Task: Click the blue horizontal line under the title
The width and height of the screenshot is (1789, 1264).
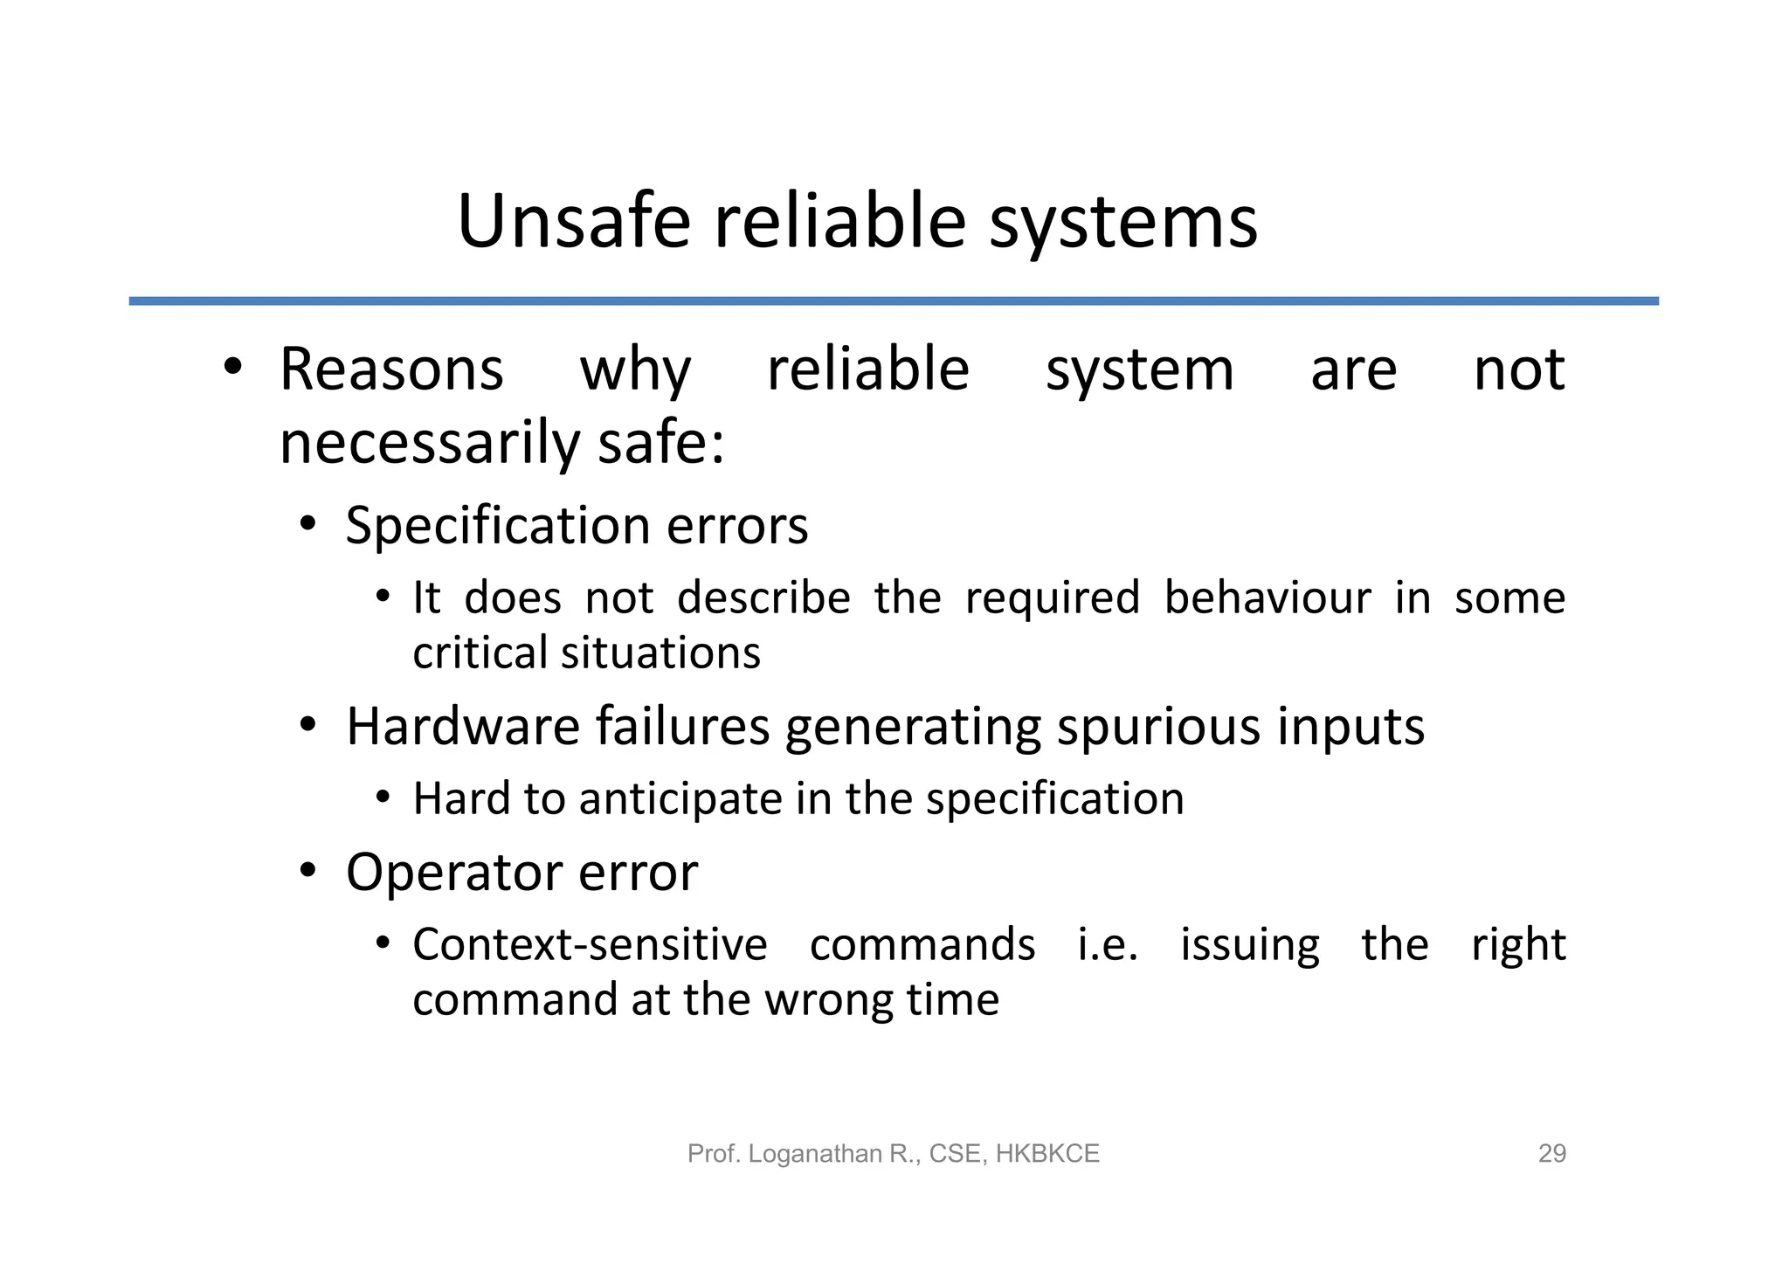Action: pos(894,301)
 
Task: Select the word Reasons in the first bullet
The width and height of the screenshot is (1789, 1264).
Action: pos(391,370)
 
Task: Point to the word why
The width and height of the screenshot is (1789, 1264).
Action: pos(635,371)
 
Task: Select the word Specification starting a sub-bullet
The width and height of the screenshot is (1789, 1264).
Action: pos(498,527)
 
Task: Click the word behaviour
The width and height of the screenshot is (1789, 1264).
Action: pos(1267,598)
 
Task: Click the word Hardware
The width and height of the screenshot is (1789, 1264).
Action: pos(463,726)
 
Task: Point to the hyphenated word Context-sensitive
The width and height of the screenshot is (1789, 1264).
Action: pos(590,945)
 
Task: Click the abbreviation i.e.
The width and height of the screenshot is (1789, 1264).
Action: pos(1108,945)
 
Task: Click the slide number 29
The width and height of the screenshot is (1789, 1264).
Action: pos(1551,1154)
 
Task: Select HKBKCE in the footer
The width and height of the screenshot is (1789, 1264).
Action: pos(1047,1154)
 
